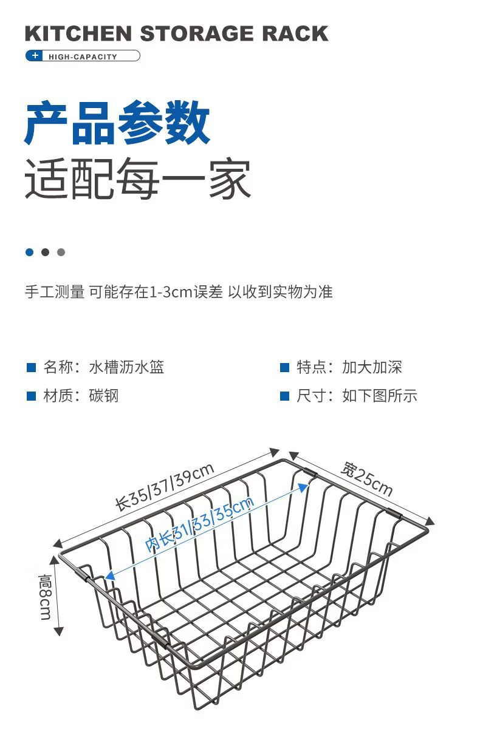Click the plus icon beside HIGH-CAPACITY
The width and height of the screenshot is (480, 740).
pyautogui.click(x=35, y=56)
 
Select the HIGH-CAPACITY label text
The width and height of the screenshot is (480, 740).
pyautogui.click(x=83, y=56)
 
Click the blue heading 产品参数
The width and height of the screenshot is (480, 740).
pyautogui.click(x=117, y=124)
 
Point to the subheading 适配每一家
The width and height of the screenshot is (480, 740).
pyautogui.click(x=138, y=179)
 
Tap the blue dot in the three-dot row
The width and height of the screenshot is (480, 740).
pyautogui.click(x=29, y=252)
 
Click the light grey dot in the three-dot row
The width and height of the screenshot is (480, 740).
pyautogui.click(x=61, y=252)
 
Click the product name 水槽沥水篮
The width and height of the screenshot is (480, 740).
pyautogui.click(x=126, y=367)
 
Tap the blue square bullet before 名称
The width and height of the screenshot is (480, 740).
pyautogui.click(x=31, y=367)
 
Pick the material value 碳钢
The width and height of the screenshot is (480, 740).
pyautogui.click(x=103, y=396)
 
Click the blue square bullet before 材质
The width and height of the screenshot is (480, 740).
pyautogui.click(x=31, y=396)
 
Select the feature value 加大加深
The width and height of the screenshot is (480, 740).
pyautogui.click(x=372, y=367)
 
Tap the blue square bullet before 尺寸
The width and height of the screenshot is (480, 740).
pyautogui.click(x=284, y=396)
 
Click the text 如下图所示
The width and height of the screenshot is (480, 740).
pyautogui.click(x=380, y=396)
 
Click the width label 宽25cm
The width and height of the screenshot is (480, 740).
pyautogui.click(x=366, y=478)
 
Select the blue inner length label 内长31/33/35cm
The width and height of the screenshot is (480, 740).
pyautogui.click(x=199, y=524)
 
